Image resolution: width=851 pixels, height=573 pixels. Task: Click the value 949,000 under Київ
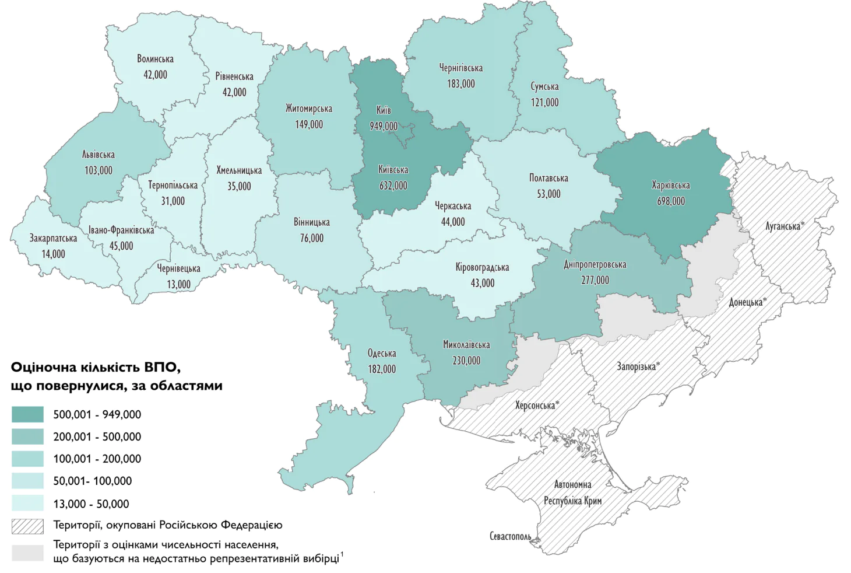[x=384, y=126]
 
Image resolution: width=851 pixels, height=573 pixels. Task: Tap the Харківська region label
[x=670, y=186]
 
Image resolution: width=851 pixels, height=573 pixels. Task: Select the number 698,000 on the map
[x=670, y=201]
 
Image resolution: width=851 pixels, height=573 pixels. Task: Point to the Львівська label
[x=98, y=155]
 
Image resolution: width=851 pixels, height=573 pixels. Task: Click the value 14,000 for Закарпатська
[x=53, y=254]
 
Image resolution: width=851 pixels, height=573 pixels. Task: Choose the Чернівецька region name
[x=178, y=268]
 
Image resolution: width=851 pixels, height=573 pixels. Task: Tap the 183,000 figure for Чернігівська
[x=460, y=83]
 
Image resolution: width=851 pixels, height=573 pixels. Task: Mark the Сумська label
[x=544, y=86]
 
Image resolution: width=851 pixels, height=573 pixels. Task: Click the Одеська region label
[x=382, y=353]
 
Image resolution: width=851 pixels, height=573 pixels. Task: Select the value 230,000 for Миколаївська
[x=466, y=361]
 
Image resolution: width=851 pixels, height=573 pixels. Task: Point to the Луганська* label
[x=785, y=226]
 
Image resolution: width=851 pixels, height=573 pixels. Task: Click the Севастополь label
[x=510, y=536]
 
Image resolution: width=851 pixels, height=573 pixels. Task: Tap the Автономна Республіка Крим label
[x=572, y=492]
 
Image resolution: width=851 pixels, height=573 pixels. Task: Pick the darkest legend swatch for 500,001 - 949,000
[x=27, y=414]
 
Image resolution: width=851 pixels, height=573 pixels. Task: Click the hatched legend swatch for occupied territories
[x=27, y=526]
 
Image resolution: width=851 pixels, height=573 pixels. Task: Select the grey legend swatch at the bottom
[x=27, y=552]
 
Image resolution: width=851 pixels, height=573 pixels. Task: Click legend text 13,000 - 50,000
[x=91, y=504]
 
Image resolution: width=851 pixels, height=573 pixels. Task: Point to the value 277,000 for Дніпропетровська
[x=595, y=280]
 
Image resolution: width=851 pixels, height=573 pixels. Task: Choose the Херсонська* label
[x=537, y=405]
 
